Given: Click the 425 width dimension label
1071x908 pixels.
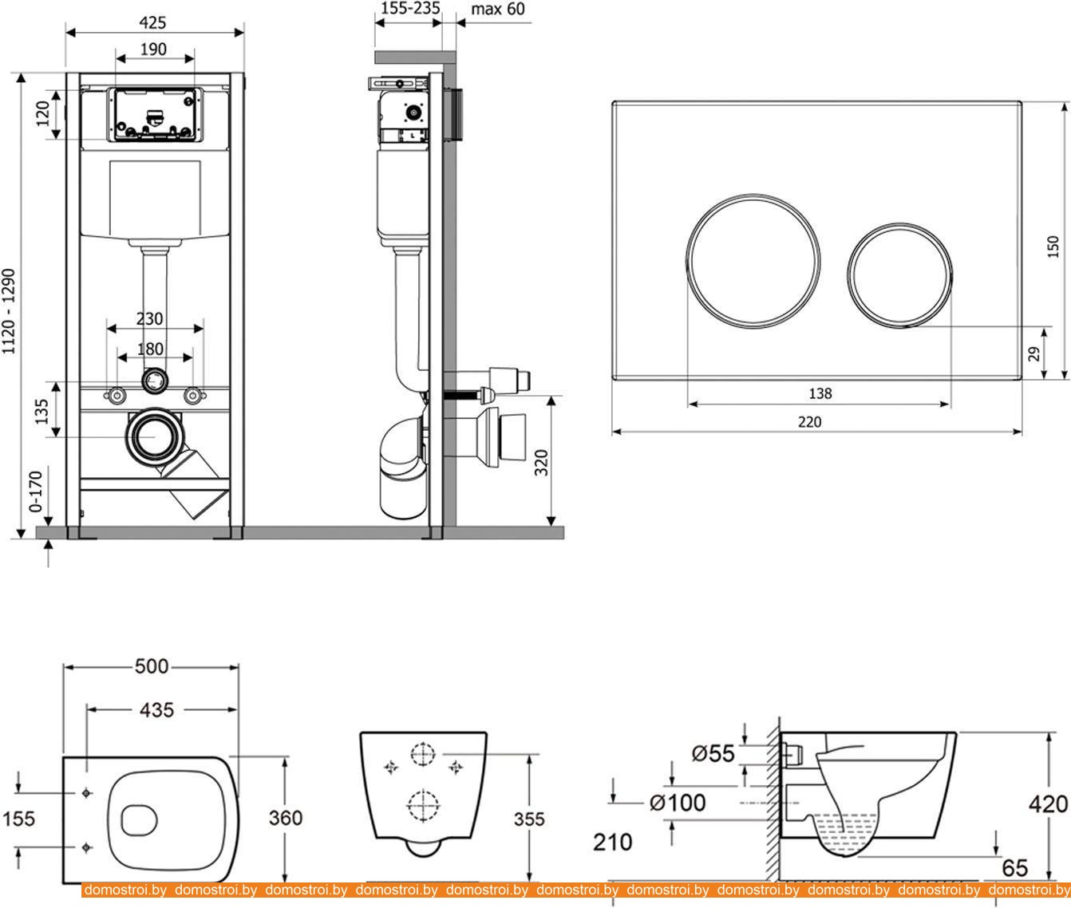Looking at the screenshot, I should pyautogui.click(x=154, y=23).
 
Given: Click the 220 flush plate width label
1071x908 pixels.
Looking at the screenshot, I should pyautogui.click(x=809, y=421).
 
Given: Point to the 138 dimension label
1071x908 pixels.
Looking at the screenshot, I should pyautogui.click(x=820, y=393).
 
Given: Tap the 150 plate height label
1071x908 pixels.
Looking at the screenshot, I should pyautogui.click(x=1053, y=247).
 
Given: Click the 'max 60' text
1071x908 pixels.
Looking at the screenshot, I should pyautogui.click(x=499, y=10).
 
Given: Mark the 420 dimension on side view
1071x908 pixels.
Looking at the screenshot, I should pyautogui.click(x=1049, y=804).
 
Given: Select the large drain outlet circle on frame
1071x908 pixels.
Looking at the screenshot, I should pyautogui.click(x=153, y=437).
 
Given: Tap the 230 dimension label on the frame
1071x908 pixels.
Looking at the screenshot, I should pyautogui.click(x=149, y=318).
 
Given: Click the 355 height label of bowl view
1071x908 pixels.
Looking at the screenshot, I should pyautogui.click(x=528, y=819).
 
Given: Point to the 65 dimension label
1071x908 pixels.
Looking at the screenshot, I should pyautogui.click(x=1014, y=867).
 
